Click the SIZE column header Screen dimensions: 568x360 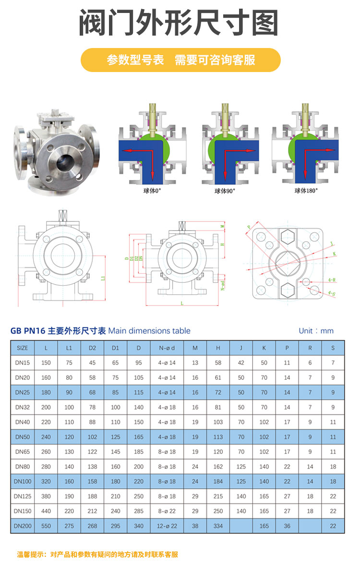(x=22, y=348)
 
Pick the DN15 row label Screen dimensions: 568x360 (x=22, y=363)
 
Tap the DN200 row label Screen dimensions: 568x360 (x=22, y=526)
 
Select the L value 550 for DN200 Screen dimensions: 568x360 (x=46, y=526)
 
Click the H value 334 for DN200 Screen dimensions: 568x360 (x=218, y=526)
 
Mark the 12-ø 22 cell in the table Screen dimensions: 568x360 (x=167, y=526)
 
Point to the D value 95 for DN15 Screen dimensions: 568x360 (x=139, y=363)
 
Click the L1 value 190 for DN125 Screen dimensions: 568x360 (x=69, y=496)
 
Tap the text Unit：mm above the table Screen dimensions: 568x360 (x=316, y=331)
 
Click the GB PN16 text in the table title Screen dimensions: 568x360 (x=28, y=331)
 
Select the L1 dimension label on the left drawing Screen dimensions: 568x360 (x=103, y=278)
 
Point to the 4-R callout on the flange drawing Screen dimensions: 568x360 (x=331, y=279)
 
